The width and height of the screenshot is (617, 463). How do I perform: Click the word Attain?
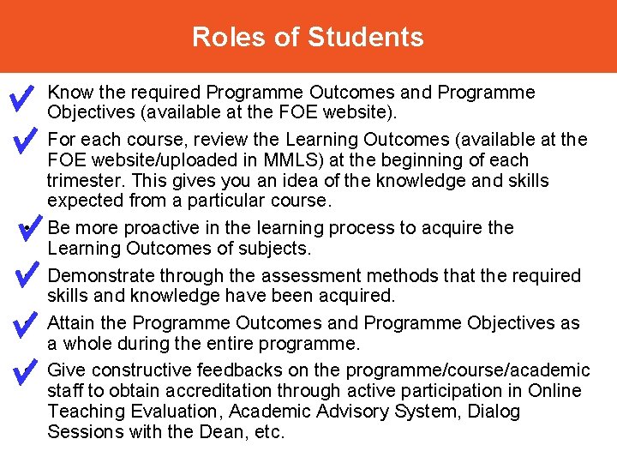[x=70, y=323]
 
